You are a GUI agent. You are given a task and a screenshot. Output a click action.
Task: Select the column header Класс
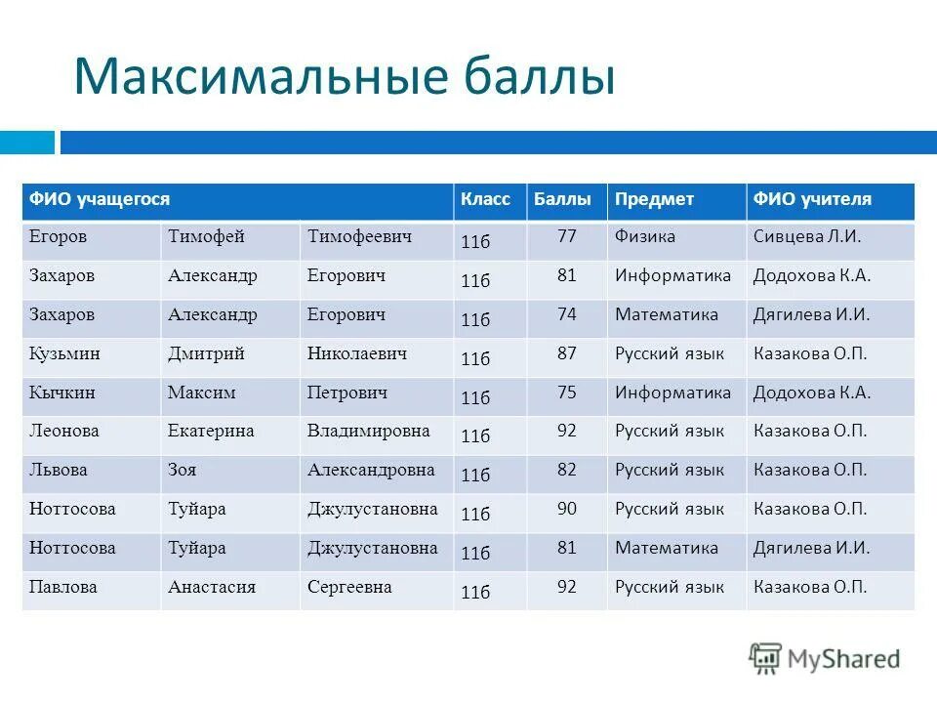coord(485,200)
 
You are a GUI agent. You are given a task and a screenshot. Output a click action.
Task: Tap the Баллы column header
coord(562,200)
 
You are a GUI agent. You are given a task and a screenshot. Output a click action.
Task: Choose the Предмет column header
coord(654,200)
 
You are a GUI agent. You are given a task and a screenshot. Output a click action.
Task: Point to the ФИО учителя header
coord(812,200)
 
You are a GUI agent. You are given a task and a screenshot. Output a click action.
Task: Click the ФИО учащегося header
coord(100,200)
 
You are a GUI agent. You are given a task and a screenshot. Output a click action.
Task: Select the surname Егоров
coord(59,237)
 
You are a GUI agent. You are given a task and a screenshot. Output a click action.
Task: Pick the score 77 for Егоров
coord(567,236)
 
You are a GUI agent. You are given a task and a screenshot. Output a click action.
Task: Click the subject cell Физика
coord(645,237)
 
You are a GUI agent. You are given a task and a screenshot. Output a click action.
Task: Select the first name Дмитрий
coord(206,353)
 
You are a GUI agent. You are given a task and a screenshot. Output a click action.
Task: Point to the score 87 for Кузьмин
coord(567,353)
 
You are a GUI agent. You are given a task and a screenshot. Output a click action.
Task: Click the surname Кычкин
coord(61,393)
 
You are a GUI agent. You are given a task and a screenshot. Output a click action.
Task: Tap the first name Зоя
coord(183,470)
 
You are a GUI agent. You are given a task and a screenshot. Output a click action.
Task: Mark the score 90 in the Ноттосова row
coord(567,509)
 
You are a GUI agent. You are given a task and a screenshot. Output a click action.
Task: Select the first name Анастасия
coord(212,587)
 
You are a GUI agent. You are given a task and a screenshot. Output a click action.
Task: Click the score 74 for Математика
coord(567,314)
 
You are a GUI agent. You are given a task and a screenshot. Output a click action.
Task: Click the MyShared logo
coord(825,659)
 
